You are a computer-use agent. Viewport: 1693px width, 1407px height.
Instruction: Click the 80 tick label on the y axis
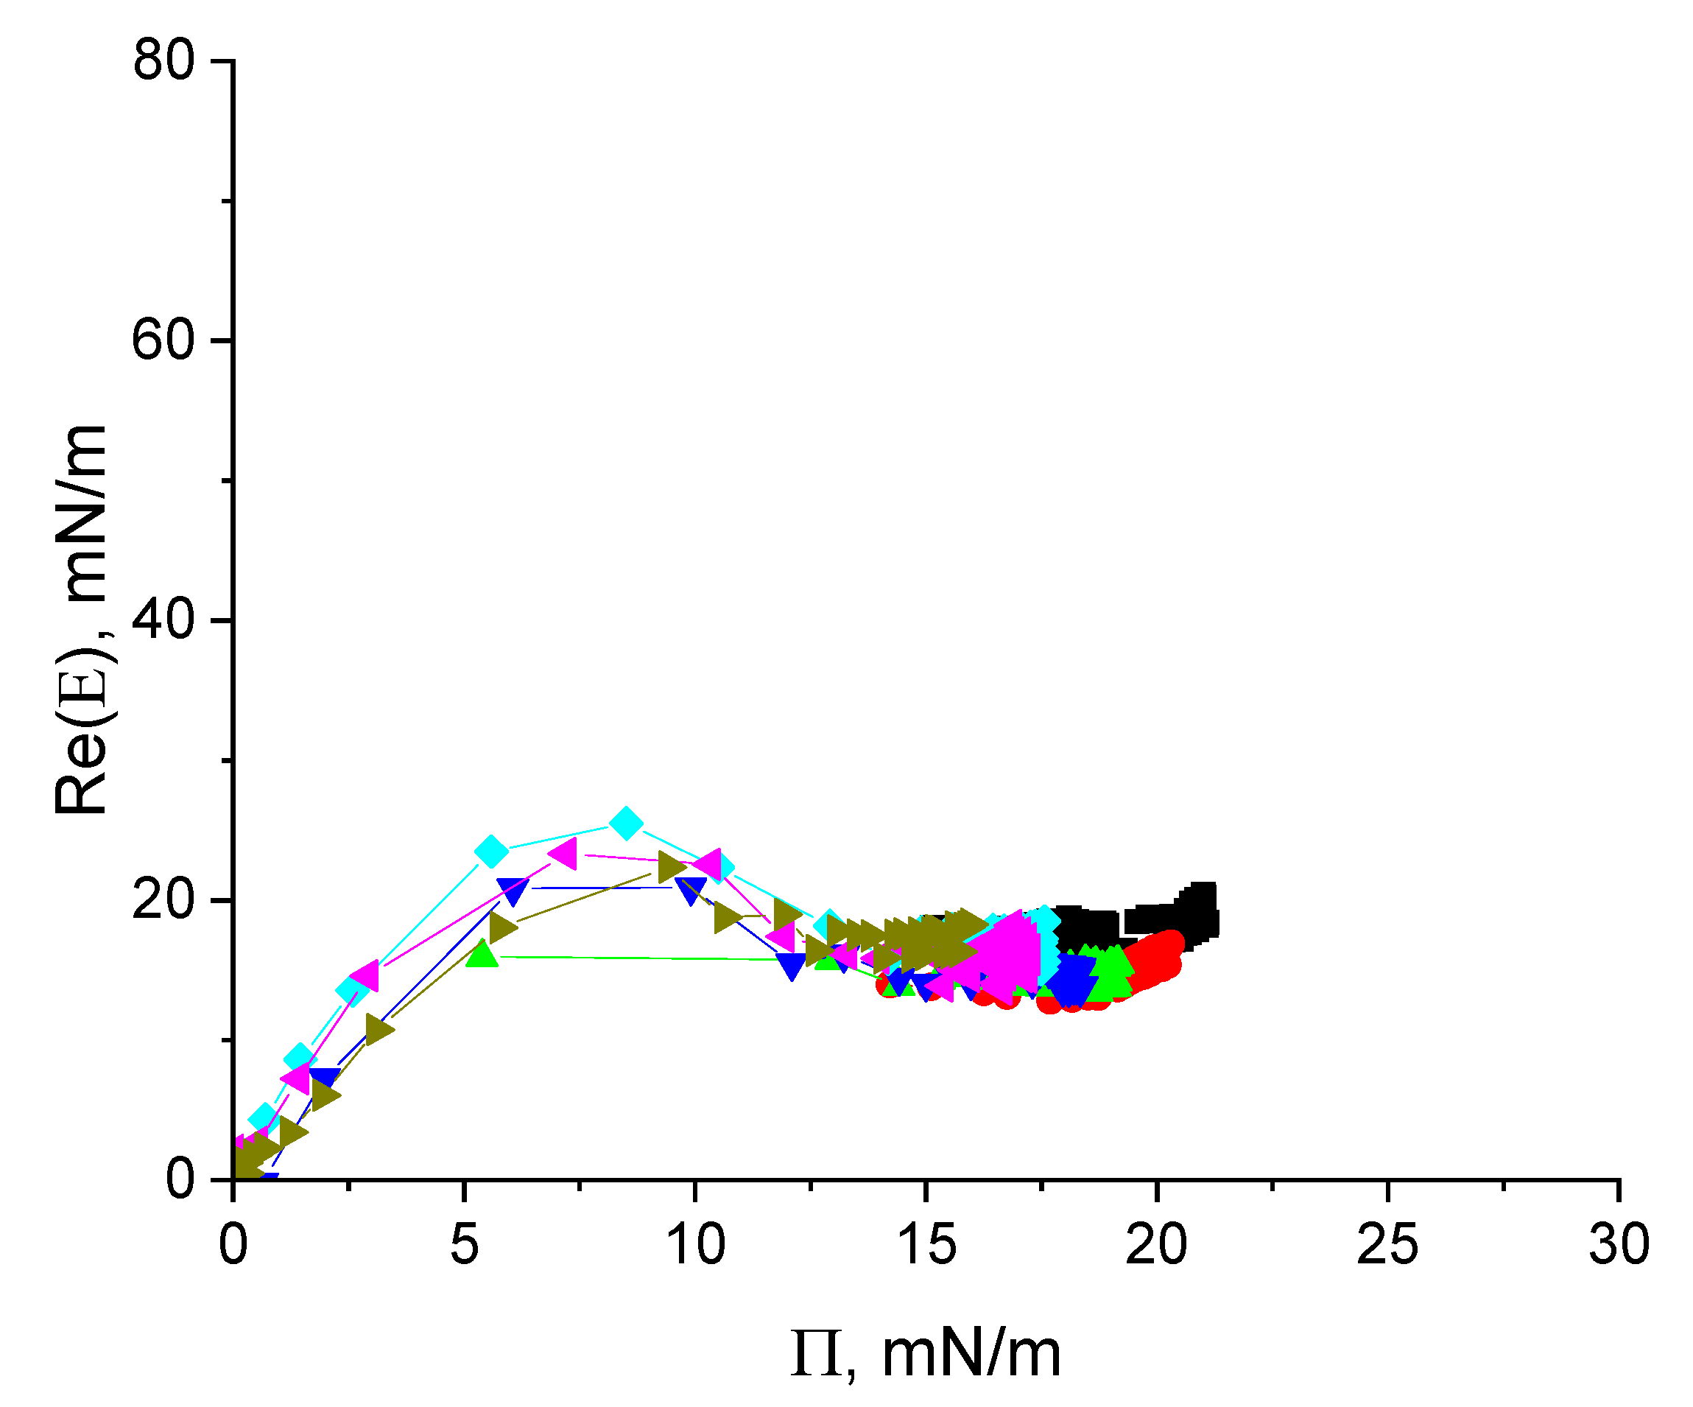click(163, 60)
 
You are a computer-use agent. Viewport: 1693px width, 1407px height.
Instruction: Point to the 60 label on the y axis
click(163, 340)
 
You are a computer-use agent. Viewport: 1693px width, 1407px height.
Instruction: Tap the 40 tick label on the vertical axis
click(163, 620)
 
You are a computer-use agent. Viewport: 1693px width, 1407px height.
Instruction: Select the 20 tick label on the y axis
click(163, 900)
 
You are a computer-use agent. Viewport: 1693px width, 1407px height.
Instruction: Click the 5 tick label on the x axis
click(465, 1244)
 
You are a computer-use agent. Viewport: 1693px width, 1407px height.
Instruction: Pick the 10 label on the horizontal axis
click(696, 1244)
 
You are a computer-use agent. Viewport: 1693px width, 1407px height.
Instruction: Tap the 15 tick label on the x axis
click(926, 1244)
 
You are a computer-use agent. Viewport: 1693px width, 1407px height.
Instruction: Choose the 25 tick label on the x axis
click(1387, 1244)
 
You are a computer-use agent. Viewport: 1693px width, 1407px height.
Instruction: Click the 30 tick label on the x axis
click(1619, 1244)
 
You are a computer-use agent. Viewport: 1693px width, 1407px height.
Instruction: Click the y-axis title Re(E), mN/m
click(80, 620)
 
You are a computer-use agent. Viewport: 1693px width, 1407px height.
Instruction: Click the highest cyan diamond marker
click(627, 824)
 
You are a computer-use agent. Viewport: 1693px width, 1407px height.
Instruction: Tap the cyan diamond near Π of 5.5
click(491, 851)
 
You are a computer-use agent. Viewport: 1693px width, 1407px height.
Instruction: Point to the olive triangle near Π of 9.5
click(672, 868)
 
